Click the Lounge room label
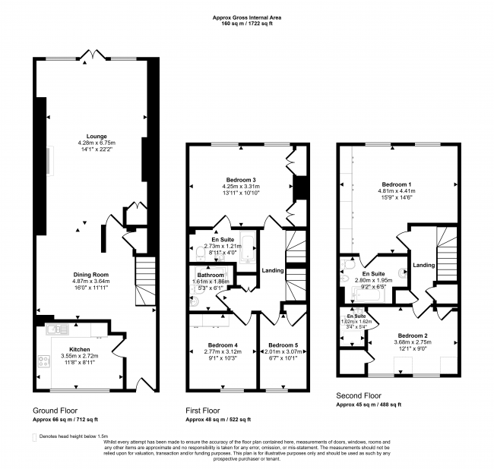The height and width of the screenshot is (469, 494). pyautogui.click(x=96, y=137)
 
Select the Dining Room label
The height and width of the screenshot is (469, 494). pyautogui.click(x=96, y=274)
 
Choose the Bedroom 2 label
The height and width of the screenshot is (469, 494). pyautogui.click(x=411, y=335)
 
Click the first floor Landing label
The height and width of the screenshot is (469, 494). pyautogui.click(x=272, y=270)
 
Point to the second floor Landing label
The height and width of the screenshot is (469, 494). pyautogui.click(x=425, y=265)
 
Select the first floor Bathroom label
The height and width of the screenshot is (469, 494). pyautogui.click(x=211, y=275)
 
